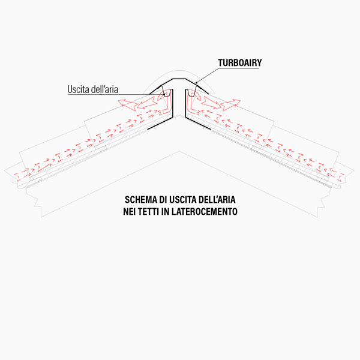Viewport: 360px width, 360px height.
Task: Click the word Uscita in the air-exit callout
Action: click(79, 90)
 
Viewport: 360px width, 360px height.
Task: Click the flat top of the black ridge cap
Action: click(180, 80)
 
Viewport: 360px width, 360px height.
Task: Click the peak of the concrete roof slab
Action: click(180, 152)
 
